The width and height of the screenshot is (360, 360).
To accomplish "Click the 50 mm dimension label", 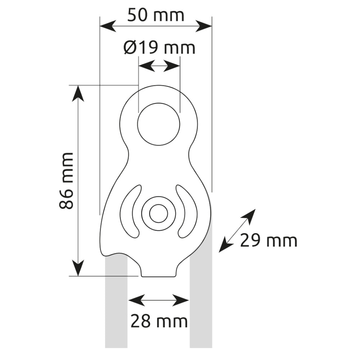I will point(156,15).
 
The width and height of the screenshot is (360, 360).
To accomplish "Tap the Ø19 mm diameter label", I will point(159,48).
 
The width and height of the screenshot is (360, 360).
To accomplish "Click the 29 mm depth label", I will point(269,240).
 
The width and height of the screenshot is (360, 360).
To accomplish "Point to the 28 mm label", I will point(159,321).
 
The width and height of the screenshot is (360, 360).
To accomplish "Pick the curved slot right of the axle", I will point(188,212).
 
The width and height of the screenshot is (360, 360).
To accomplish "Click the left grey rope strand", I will point(116,306).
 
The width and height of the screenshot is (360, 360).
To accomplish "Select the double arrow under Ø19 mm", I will point(159,66).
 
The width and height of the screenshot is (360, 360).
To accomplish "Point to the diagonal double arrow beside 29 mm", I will point(237,230).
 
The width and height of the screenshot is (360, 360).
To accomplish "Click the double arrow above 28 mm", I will point(159,300).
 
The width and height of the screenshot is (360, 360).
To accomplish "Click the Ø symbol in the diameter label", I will point(130,48).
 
